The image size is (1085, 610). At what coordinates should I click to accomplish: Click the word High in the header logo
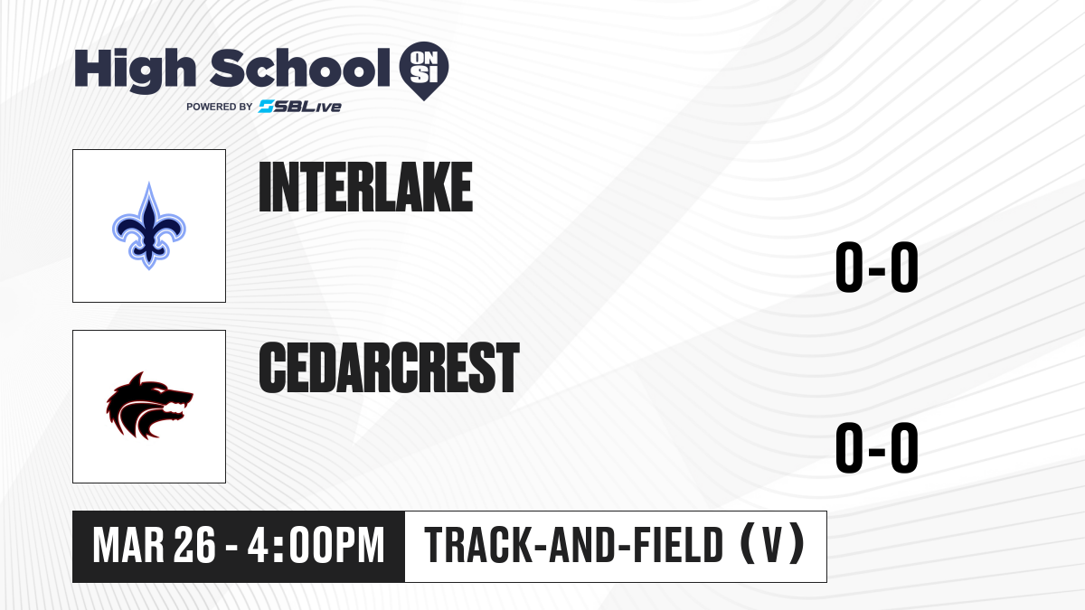136,70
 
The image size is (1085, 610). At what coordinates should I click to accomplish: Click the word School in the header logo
300,68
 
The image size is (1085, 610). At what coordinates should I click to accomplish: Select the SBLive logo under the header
300,107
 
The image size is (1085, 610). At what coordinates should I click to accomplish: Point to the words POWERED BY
219,107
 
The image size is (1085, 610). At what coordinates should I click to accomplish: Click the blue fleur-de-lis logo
148,226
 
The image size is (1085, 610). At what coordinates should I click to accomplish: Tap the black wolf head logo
149,406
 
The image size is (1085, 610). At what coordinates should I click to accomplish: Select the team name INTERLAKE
365,187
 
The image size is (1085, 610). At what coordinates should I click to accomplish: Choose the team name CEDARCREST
389,368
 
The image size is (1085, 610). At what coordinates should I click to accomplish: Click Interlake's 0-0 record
877,267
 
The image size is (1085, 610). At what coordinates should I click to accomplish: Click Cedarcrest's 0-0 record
877,448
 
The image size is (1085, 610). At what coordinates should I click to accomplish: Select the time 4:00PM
316,546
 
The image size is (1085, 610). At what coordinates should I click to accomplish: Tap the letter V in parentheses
772,545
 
